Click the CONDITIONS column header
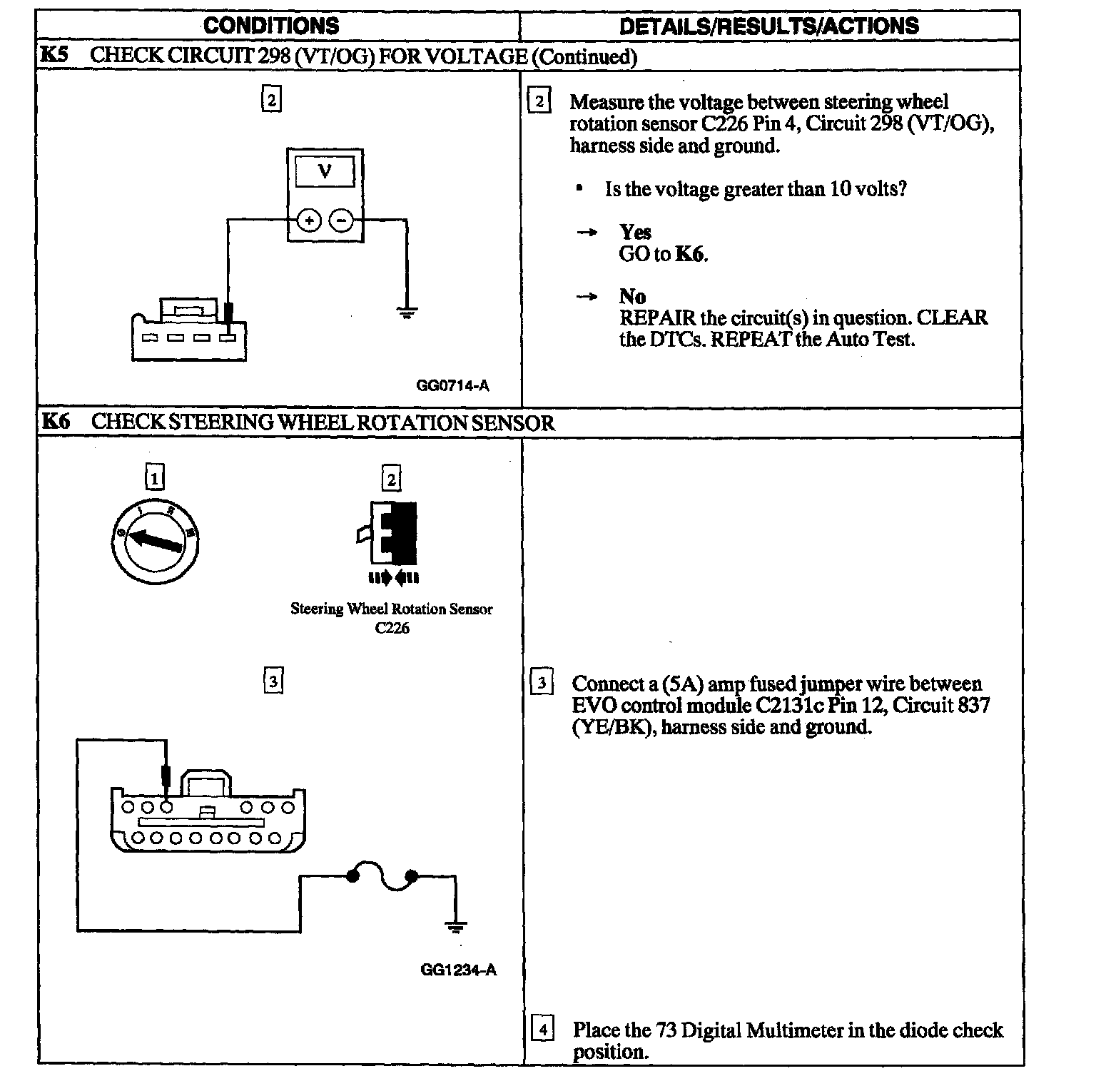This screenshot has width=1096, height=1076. [x=271, y=26]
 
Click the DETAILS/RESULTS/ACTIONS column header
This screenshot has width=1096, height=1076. [x=769, y=26]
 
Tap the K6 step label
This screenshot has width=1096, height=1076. [x=55, y=422]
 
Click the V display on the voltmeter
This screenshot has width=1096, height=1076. [x=325, y=171]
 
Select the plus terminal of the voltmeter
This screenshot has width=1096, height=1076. [x=309, y=221]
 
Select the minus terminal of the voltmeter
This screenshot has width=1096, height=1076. [x=342, y=221]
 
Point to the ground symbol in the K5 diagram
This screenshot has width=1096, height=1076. [x=407, y=313]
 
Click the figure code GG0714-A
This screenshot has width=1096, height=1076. [x=453, y=385]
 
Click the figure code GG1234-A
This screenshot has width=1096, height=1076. [x=458, y=970]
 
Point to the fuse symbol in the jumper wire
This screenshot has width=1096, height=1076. [x=382, y=878]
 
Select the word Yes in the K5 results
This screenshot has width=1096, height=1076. [x=635, y=232]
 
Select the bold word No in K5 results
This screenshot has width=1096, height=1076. [x=632, y=296]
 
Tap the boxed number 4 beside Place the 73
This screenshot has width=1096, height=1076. [x=543, y=1030]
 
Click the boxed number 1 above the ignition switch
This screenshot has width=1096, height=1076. [x=155, y=477]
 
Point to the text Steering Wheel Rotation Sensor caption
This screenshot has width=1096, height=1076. [x=391, y=609]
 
